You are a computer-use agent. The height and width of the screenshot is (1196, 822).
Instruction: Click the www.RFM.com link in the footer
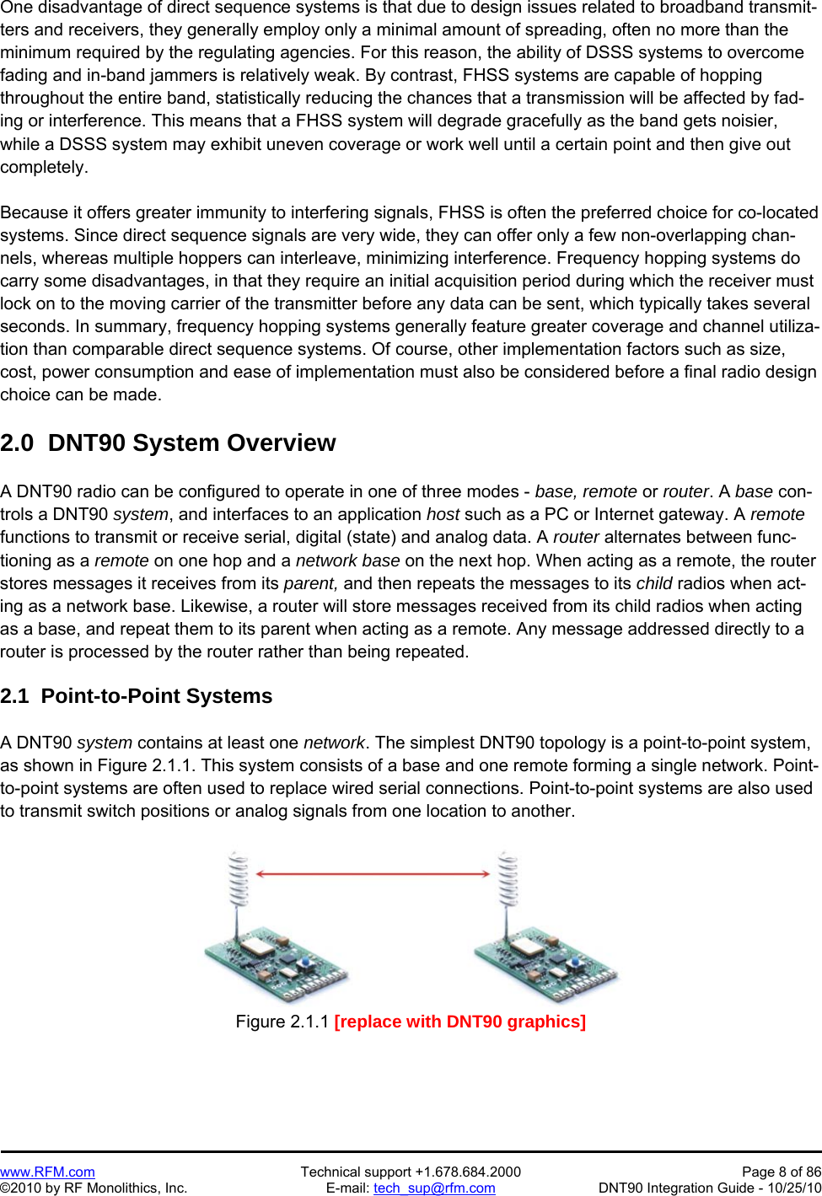(x=47, y=1172)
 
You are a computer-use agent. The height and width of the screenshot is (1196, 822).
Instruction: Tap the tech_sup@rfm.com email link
(x=434, y=1188)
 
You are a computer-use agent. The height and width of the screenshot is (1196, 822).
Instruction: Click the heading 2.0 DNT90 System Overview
(x=168, y=442)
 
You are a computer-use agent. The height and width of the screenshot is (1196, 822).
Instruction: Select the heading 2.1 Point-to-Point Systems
(x=136, y=696)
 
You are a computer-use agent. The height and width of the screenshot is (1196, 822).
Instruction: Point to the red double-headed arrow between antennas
(x=373, y=874)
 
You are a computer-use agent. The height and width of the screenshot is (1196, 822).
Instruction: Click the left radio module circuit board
(x=277, y=962)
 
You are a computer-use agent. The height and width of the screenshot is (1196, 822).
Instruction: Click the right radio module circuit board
(x=546, y=962)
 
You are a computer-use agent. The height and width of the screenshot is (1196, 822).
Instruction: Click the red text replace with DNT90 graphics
(x=459, y=1022)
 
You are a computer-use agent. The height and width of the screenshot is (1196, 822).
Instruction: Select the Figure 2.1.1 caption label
(x=282, y=1022)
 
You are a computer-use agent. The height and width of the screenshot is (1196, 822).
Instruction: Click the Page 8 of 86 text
(x=781, y=1172)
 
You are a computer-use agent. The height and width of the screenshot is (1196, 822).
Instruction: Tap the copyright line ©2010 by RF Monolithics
(x=94, y=1188)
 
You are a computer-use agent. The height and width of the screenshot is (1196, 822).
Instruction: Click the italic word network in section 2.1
(x=334, y=743)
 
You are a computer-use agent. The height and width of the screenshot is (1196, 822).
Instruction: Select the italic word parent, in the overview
(x=310, y=583)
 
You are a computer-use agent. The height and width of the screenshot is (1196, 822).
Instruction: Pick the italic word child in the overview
(x=653, y=583)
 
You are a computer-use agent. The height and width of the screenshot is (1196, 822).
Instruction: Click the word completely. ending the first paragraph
(x=44, y=167)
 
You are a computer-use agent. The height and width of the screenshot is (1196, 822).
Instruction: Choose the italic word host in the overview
(x=443, y=514)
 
